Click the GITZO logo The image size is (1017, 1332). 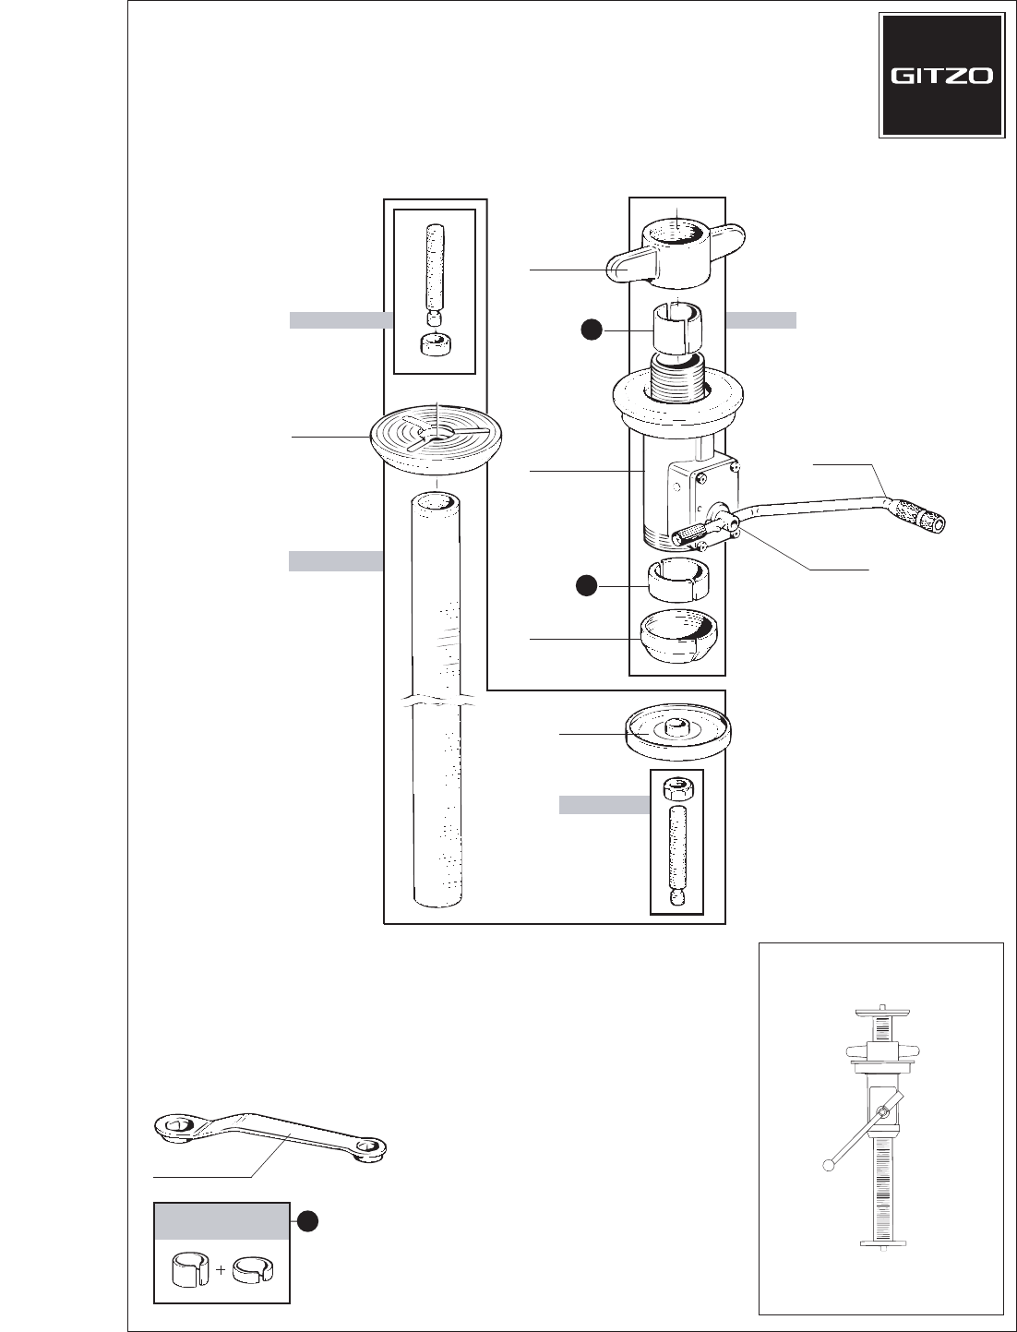(x=941, y=77)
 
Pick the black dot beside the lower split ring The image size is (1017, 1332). (x=585, y=585)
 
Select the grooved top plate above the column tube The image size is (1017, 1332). (x=436, y=438)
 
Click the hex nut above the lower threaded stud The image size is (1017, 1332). (x=676, y=789)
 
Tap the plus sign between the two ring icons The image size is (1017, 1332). (x=221, y=1270)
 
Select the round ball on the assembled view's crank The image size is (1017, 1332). (x=829, y=1165)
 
